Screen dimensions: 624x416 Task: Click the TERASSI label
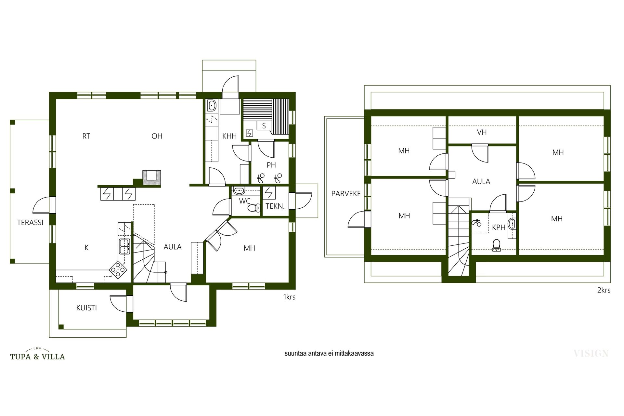click(x=30, y=223)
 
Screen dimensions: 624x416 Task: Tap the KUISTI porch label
click(x=86, y=308)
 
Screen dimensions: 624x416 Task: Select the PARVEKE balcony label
click(x=346, y=194)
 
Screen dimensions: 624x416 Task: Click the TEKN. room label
click(x=275, y=206)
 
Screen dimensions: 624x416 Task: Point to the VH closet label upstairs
click(x=482, y=132)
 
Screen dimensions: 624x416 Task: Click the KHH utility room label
click(x=229, y=136)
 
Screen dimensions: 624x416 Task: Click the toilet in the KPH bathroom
click(x=496, y=246)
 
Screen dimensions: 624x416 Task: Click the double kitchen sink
click(x=124, y=246)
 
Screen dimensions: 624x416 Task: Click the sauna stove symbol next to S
click(x=249, y=133)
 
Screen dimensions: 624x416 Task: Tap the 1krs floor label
click(x=289, y=297)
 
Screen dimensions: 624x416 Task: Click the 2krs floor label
click(x=604, y=290)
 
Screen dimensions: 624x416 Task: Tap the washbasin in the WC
click(x=239, y=190)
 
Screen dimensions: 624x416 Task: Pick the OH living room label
click(x=157, y=136)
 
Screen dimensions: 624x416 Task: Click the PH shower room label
click(x=271, y=165)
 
